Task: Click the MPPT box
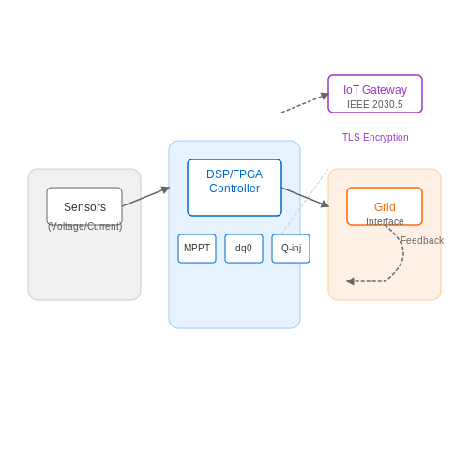tap(197, 249)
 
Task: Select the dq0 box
tap(244, 249)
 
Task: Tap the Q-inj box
tap(291, 249)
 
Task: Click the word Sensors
tap(84, 207)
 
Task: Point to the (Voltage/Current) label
tap(84, 226)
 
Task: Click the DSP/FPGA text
tap(234, 174)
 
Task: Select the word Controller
tap(234, 189)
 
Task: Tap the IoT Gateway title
tap(375, 90)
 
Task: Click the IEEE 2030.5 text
tap(375, 104)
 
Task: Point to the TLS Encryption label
tap(375, 137)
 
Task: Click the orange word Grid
tap(385, 207)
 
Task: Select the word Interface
tap(385, 221)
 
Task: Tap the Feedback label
tap(422, 240)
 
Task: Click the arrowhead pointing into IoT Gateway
tap(325, 96)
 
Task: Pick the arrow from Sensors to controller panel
tap(146, 197)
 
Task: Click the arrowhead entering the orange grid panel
tap(325, 204)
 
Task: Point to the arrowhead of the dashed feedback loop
tap(350, 281)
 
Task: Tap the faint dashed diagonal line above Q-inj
tap(305, 202)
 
